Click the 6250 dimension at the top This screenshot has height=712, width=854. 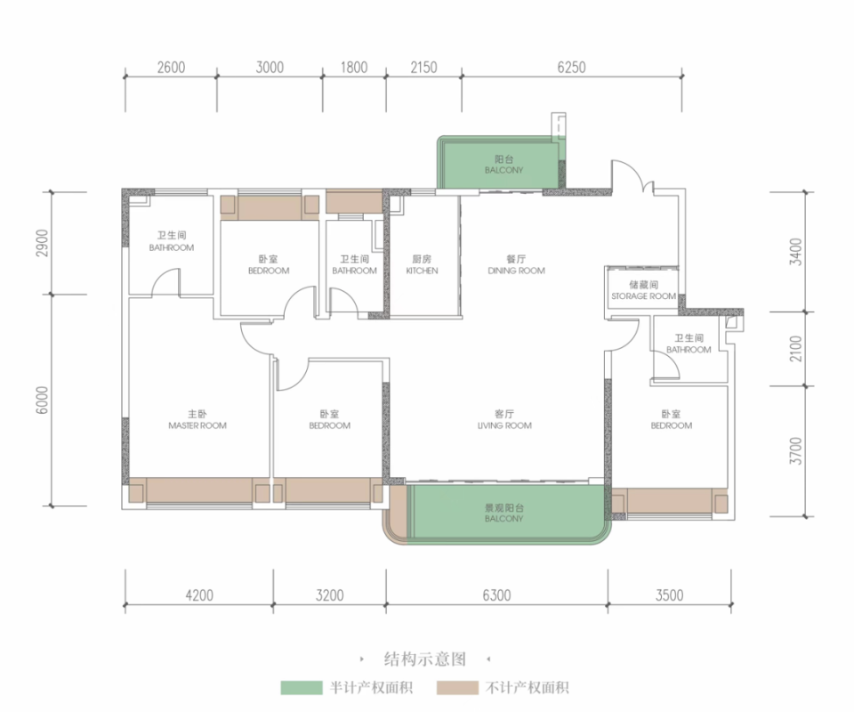(x=571, y=68)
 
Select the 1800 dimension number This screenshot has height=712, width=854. (x=354, y=68)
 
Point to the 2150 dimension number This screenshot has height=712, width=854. (x=423, y=68)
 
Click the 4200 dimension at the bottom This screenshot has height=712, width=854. (x=199, y=595)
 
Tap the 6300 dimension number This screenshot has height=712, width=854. (x=496, y=595)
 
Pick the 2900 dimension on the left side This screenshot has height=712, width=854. (x=43, y=243)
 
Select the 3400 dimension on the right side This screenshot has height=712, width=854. (x=795, y=252)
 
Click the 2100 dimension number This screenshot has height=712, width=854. (x=795, y=349)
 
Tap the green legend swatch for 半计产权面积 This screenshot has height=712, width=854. (x=302, y=687)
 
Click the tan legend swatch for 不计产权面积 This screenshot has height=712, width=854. (x=457, y=687)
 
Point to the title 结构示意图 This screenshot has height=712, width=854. (x=425, y=659)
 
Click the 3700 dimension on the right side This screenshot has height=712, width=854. (x=795, y=451)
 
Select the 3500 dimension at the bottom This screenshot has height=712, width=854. (x=669, y=595)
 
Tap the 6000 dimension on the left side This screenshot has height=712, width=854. (x=43, y=400)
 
